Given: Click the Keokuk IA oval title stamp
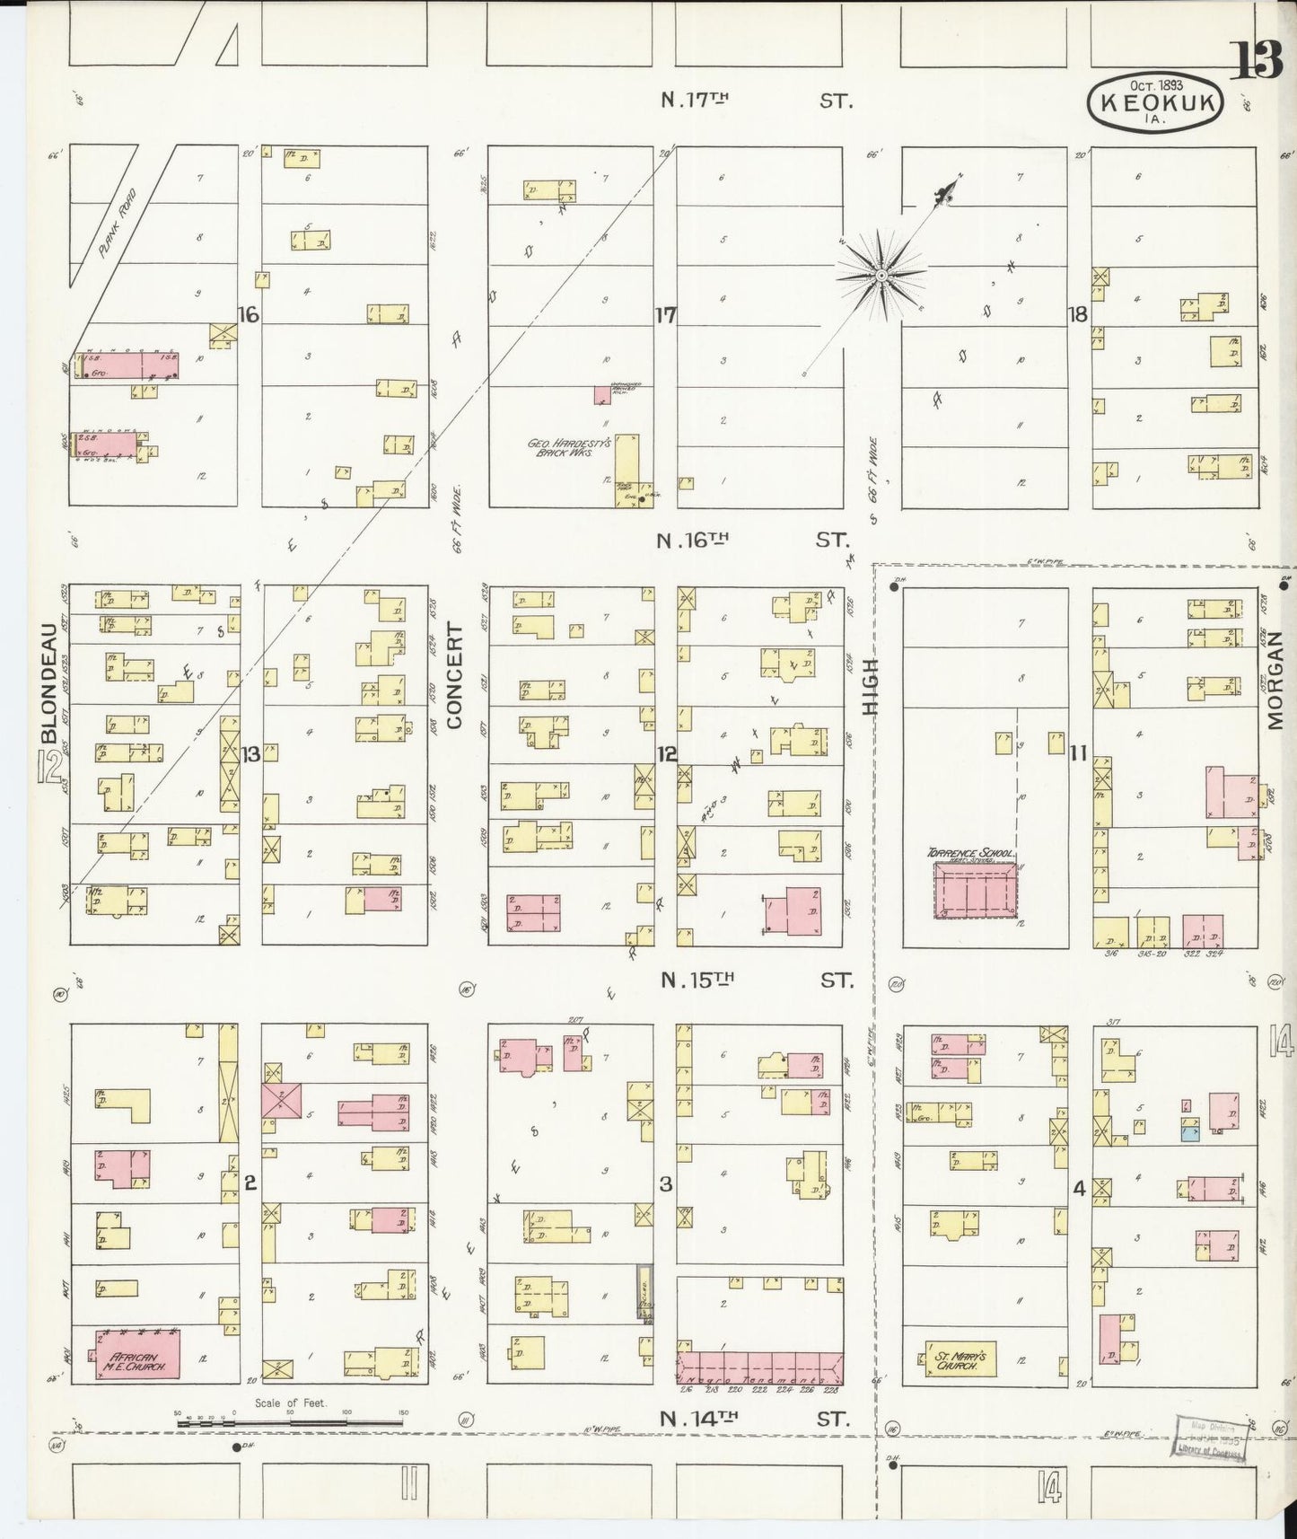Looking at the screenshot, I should (x=1154, y=105).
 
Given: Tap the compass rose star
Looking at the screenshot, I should (x=881, y=274).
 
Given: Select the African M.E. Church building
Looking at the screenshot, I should (x=137, y=1354).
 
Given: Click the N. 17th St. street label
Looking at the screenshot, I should (x=756, y=101).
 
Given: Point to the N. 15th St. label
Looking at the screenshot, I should (x=756, y=981).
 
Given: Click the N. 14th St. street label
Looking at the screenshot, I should (x=754, y=1420).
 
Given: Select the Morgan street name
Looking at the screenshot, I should (x=1278, y=680).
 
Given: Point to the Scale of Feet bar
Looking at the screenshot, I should (x=289, y=1421).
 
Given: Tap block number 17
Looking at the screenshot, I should (x=665, y=316).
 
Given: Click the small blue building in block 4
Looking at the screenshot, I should (x=1189, y=1133).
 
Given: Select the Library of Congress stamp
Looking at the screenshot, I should (x=1209, y=1439).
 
